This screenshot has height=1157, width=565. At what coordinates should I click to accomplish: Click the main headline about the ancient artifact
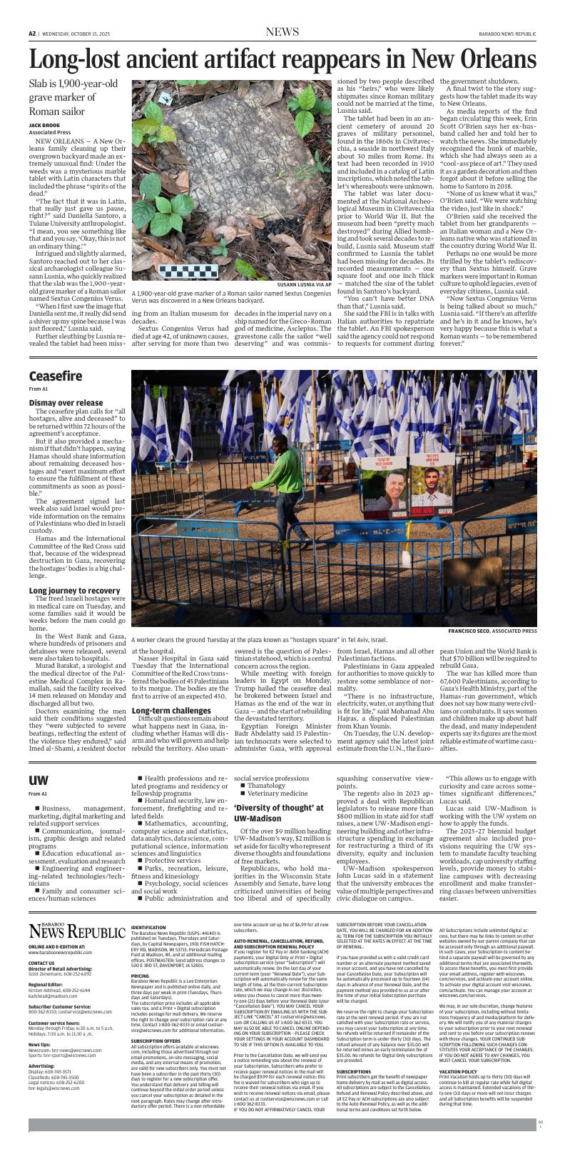282,60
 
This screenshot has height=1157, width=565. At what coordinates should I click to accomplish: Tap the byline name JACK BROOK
44,125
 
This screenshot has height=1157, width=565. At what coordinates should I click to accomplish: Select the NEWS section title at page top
282,31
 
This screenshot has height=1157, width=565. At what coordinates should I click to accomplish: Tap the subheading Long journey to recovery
74,590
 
